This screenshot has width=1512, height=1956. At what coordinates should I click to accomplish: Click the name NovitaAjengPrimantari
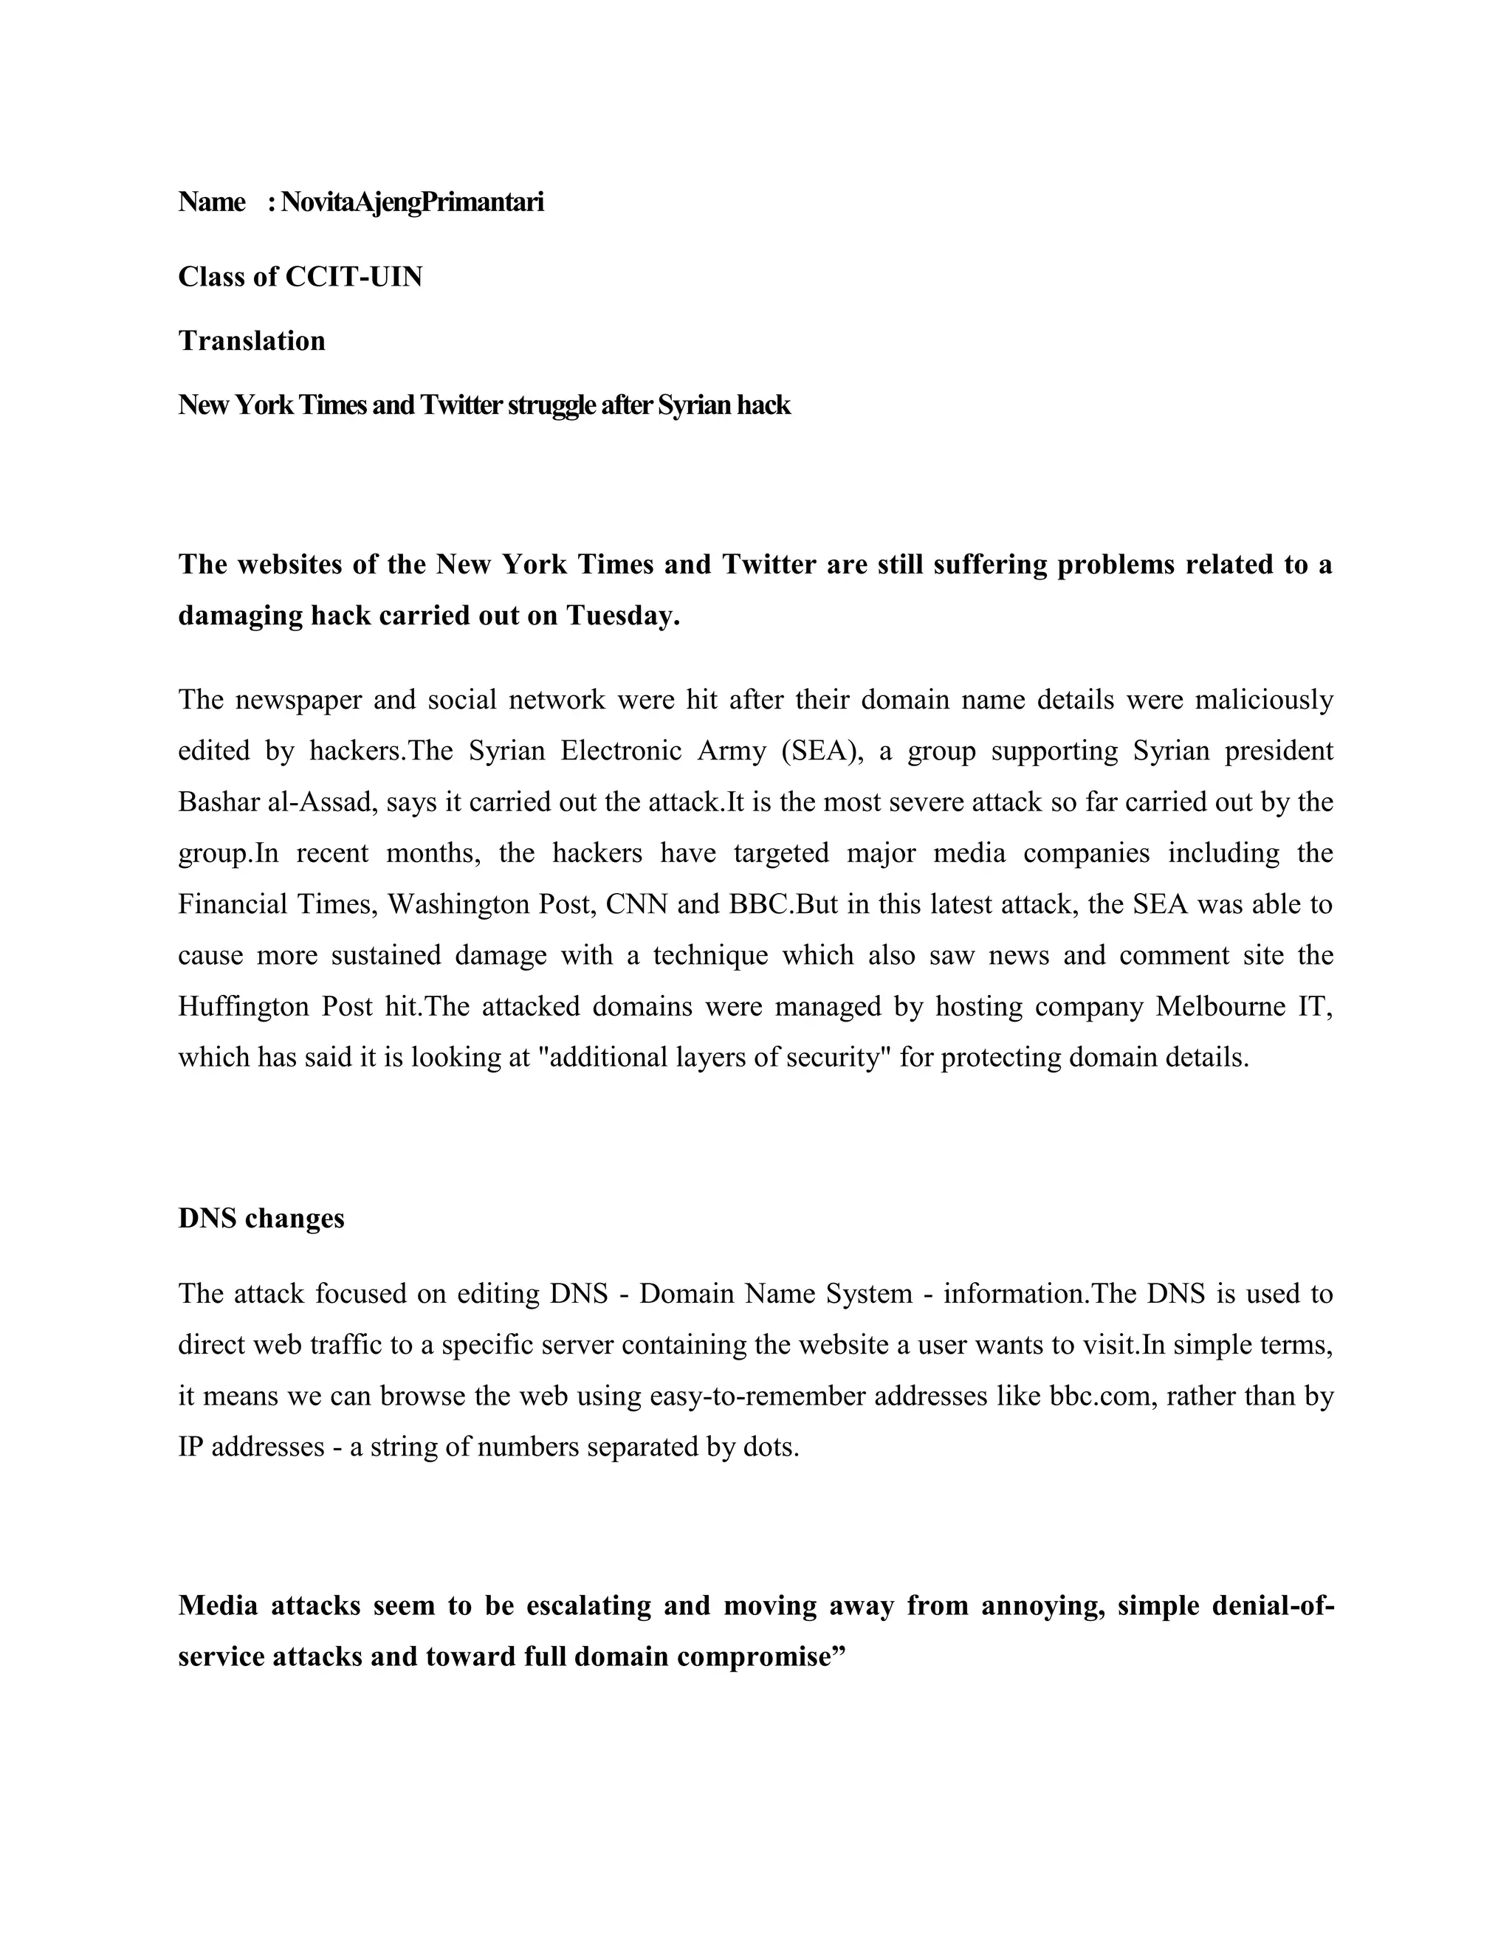(x=412, y=202)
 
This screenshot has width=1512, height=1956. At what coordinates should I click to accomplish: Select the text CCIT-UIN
(x=354, y=277)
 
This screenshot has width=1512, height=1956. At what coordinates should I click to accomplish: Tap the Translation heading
(x=252, y=341)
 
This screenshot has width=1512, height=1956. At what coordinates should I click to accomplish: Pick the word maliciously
(x=1264, y=700)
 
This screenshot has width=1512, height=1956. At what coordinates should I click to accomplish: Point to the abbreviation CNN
(x=637, y=905)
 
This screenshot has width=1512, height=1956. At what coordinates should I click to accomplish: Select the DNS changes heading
(x=261, y=1219)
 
